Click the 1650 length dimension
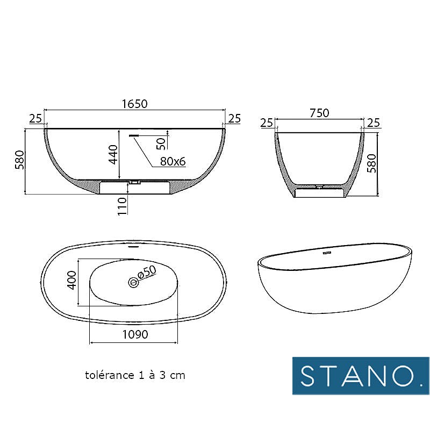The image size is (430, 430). pyautogui.click(x=135, y=104)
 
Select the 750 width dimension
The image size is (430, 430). pyautogui.click(x=319, y=113)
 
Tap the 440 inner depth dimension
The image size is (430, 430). pyautogui.click(x=113, y=154)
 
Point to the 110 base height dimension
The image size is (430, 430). pyautogui.click(x=123, y=206)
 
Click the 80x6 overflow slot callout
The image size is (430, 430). pyautogui.click(x=173, y=161)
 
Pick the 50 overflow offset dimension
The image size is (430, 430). pyautogui.click(x=161, y=144)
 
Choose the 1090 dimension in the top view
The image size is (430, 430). pyautogui.click(x=135, y=334)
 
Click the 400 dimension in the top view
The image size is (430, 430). pyautogui.click(x=72, y=280)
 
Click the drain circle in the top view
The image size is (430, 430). pyautogui.click(x=133, y=282)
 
